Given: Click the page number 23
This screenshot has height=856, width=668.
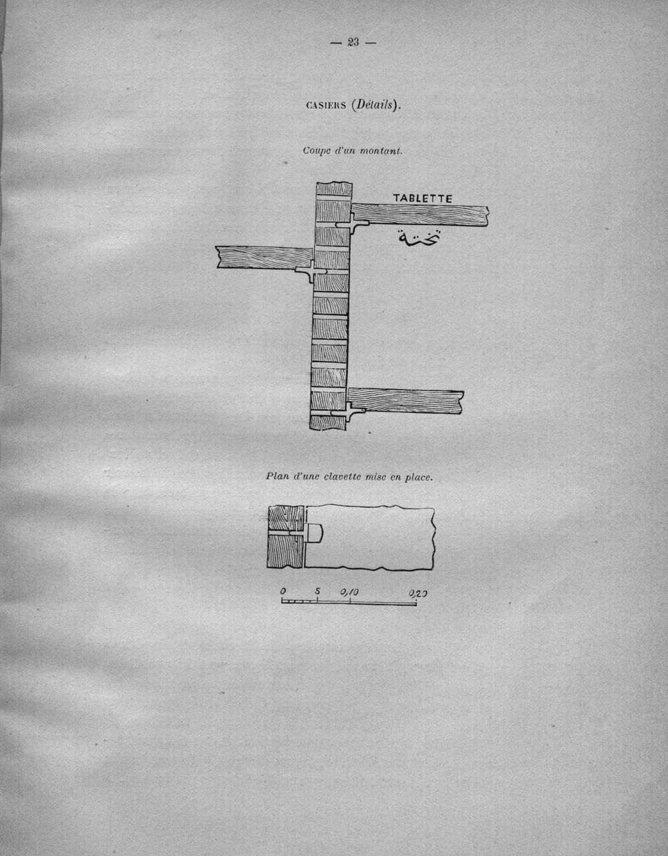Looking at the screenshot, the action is pyautogui.click(x=353, y=42).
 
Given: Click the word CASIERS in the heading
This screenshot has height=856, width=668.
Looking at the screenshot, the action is pyautogui.click(x=326, y=106).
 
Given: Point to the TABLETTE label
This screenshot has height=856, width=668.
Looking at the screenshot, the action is pyautogui.click(x=423, y=198).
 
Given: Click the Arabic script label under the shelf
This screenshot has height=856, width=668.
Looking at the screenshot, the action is pyautogui.click(x=420, y=238).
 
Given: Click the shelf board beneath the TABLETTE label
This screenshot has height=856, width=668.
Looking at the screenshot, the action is pyautogui.click(x=420, y=215).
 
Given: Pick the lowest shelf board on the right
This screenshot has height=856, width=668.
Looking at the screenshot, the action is pyautogui.click(x=406, y=401).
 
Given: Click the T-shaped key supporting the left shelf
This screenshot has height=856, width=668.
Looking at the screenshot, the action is pyautogui.click(x=311, y=271).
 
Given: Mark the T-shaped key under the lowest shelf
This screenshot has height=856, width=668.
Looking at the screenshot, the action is pyautogui.click(x=348, y=412).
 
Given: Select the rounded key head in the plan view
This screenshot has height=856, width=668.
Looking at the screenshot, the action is pyautogui.click(x=314, y=534).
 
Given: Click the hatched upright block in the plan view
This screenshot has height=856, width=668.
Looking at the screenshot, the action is pyautogui.click(x=286, y=537).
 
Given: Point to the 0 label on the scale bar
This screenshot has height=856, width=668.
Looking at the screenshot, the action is pyautogui.click(x=283, y=591).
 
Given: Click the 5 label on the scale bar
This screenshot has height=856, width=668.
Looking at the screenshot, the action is pyautogui.click(x=317, y=591).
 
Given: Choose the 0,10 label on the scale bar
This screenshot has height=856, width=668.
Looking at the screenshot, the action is pyautogui.click(x=349, y=591).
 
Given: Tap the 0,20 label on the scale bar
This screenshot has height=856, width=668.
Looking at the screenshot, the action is pyautogui.click(x=417, y=593).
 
